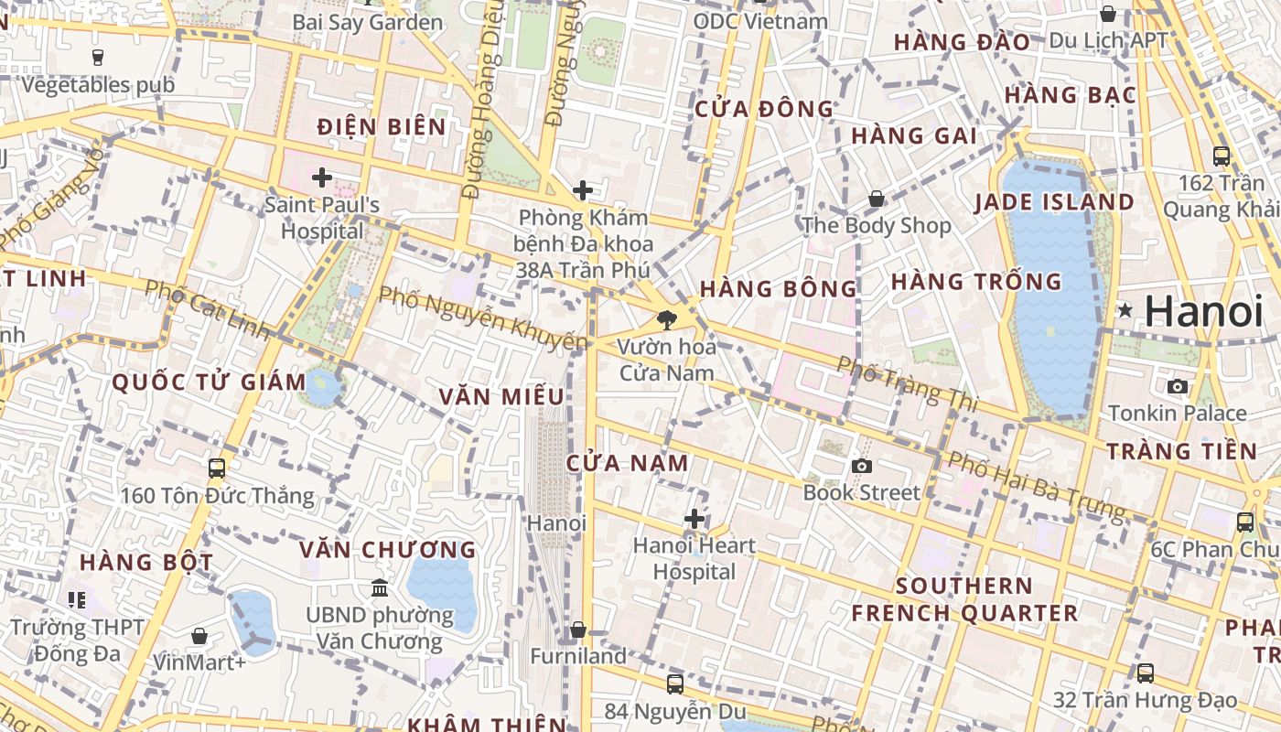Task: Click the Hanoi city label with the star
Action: click(1203, 312)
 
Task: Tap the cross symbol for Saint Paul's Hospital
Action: click(321, 177)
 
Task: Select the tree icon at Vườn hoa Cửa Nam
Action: click(667, 320)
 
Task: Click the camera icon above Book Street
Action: click(861, 467)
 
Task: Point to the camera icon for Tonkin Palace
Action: click(1178, 386)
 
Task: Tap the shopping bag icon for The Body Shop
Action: click(877, 199)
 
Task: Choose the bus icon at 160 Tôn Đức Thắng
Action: click(217, 468)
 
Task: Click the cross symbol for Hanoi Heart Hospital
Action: click(694, 520)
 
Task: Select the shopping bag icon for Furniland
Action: click(578, 630)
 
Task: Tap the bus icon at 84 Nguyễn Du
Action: click(675, 684)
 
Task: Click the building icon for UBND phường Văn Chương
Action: click(380, 587)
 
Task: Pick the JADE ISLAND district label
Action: click(1054, 202)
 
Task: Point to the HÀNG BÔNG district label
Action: click(779, 289)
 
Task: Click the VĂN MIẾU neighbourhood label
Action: click(501, 396)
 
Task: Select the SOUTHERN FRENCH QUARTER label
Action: click(964, 599)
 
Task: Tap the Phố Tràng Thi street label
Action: click(906, 382)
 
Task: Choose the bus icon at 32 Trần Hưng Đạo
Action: click(1145, 673)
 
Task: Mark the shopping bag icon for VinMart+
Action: click(199, 636)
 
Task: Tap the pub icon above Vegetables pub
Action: click(98, 58)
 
